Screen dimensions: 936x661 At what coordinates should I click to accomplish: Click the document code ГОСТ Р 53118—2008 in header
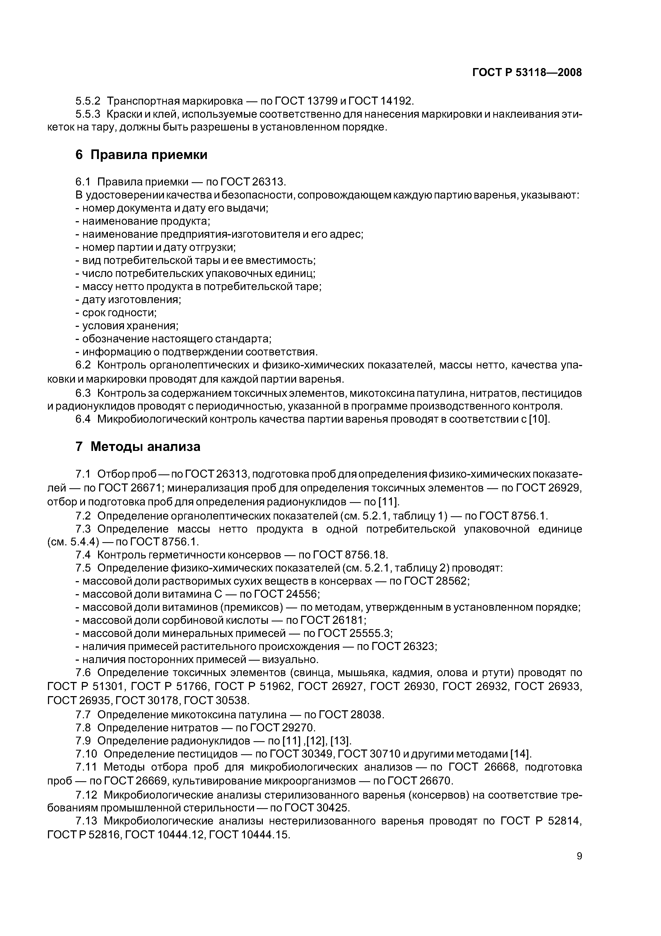click(527, 73)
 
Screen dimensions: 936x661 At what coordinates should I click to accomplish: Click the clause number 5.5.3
click(88, 114)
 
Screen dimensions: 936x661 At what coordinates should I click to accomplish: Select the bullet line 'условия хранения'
click(127, 326)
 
